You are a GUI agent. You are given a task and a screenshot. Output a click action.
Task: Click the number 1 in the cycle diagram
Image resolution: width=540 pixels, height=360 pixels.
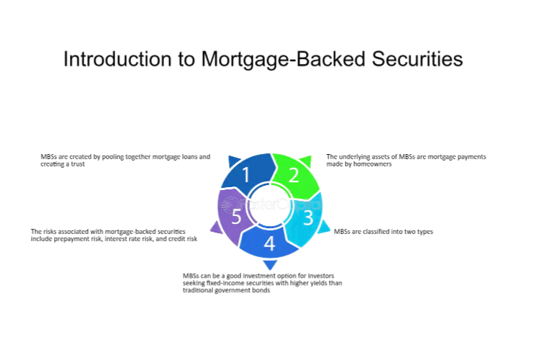coord(246,174)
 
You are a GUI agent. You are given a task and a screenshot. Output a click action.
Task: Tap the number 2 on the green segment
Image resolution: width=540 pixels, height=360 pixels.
coord(294,175)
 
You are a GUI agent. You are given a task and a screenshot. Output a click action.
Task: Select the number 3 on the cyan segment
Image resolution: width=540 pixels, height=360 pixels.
coord(308,217)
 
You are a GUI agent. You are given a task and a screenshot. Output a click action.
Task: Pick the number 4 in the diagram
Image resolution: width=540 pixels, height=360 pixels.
coord(269,243)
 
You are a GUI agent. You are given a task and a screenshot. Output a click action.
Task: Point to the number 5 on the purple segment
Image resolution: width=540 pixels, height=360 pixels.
coord(236,216)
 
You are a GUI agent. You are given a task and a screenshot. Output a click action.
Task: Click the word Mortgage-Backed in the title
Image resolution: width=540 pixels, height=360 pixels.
coord(283,59)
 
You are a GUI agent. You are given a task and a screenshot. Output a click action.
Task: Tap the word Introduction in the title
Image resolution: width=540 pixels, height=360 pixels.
coord(118,59)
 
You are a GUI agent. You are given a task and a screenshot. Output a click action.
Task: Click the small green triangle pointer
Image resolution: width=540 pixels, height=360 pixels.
coord(306,161)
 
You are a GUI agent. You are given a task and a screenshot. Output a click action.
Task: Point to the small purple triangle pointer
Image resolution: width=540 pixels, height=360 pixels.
coord(217,228)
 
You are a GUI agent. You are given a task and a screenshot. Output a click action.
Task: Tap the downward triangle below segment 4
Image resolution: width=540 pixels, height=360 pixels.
coord(270,264)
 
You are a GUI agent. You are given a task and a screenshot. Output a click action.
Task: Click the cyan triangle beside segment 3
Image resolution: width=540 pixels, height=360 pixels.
coord(323,227)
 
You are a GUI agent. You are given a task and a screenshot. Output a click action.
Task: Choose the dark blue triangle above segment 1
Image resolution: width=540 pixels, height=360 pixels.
coord(234,161)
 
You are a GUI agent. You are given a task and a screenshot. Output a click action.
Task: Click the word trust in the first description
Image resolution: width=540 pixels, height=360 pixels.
coord(78,164)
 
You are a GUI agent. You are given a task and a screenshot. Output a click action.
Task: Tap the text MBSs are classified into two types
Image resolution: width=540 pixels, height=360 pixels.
coord(383,232)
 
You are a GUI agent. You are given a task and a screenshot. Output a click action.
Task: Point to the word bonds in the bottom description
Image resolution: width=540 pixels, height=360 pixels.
coord(261,290)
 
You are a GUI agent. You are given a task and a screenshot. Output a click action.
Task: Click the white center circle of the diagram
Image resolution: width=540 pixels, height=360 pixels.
coord(270,205)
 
